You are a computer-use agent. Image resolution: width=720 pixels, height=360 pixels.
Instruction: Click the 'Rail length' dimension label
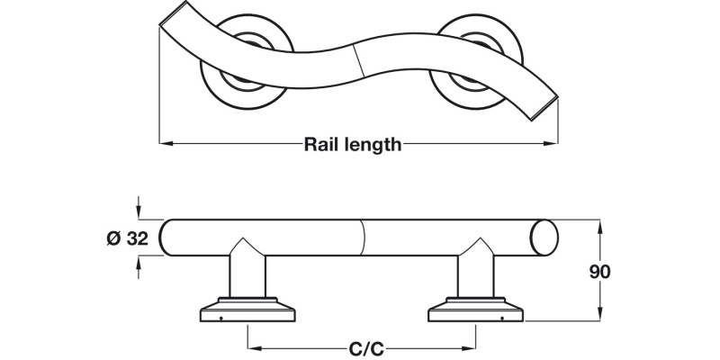pyautogui.click(x=353, y=144)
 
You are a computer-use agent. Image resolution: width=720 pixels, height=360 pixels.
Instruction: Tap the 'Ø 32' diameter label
pyautogui.click(x=126, y=238)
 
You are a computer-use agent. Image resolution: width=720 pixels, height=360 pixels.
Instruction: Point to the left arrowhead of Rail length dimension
pyautogui.click(x=164, y=144)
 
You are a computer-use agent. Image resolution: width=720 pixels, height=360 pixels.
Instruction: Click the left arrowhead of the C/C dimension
pyautogui.click(x=253, y=348)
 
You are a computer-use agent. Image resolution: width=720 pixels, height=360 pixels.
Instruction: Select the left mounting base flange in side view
pyautogui.click(x=247, y=310)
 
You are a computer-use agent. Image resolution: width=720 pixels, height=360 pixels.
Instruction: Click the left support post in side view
pyautogui.click(x=247, y=274)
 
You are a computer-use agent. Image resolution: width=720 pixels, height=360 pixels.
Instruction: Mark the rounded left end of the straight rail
pyautogui.click(x=166, y=238)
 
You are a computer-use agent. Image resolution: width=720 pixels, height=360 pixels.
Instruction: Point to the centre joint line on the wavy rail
pyautogui.click(x=359, y=58)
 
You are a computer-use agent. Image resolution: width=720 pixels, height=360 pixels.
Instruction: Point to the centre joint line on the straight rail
pyautogui.click(x=364, y=238)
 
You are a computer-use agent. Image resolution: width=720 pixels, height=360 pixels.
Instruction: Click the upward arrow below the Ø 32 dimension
pyautogui.click(x=138, y=264)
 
